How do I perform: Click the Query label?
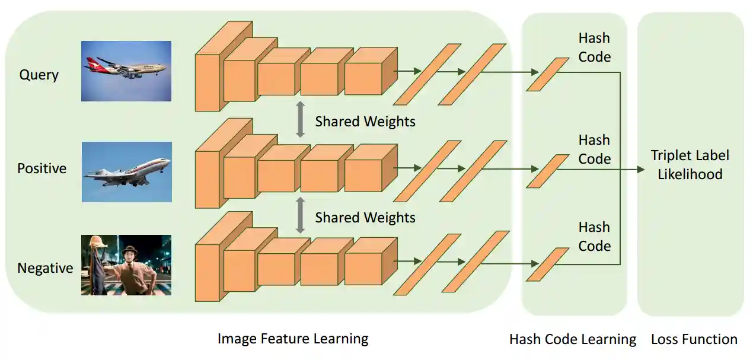[x=39, y=75]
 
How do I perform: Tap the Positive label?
[x=42, y=168]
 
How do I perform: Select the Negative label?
[x=45, y=268]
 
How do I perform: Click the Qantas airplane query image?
[x=126, y=71]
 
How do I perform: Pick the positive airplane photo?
[x=126, y=171]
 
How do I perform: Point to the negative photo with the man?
[x=126, y=265]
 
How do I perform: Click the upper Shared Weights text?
[x=365, y=122]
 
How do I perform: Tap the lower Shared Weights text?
[x=365, y=218]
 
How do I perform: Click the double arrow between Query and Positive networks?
[x=301, y=120]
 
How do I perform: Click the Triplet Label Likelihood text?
[x=690, y=165]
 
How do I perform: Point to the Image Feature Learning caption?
[x=292, y=339]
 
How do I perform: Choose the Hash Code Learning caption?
[x=572, y=340]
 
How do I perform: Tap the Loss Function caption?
[x=694, y=340]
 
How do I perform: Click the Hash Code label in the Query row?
[x=594, y=47]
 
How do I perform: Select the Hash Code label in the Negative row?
[x=594, y=237]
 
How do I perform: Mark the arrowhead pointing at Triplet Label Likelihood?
[x=641, y=170]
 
